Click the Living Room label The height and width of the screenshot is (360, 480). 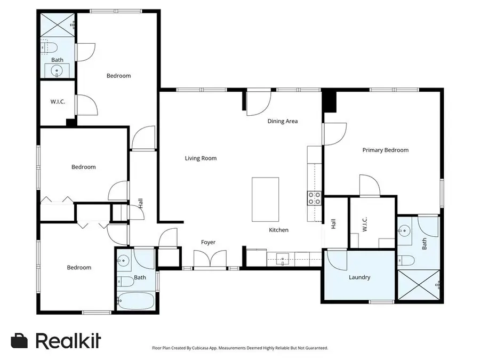pyautogui.click(x=201, y=158)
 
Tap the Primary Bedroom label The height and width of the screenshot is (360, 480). pyautogui.click(x=385, y=150)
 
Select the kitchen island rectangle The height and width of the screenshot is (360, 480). pyautogui.click(x=265, y=199)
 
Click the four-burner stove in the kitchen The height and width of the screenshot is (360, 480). pyautogui.click(x=314, y=198)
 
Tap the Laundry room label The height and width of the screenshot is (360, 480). pyautogui.click(x=359, y=277)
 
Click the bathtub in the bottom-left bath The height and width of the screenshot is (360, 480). pyautogui.click(x=135, y=301)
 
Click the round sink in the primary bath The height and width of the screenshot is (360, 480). pyautogui.click(x=404, y=231)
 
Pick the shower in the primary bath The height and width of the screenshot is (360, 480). pyautogui.click(x=418, y=285)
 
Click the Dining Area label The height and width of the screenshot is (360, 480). pyautogui.click(x=282, y=121)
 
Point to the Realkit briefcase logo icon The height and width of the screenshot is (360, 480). pyautogui.click(x=20, y=340)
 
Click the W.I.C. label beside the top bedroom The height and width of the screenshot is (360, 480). pyautogui.click(x=58, y=102)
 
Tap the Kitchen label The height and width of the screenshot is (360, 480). pyautogui.click(x=278, y=230)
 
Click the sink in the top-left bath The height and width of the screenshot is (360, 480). pyautogui.click(x=56, y=70)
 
